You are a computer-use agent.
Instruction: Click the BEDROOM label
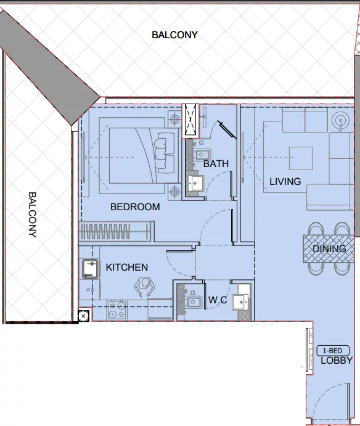coord(135,207)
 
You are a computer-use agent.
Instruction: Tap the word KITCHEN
coord(127,267)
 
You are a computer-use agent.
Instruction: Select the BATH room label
coord(216,164)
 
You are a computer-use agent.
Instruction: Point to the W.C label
coord(217,300)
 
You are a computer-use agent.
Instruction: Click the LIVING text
coord(285,181)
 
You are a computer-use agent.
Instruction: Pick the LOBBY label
coord(337,361)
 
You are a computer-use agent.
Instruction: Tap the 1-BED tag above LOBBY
coord(333,350)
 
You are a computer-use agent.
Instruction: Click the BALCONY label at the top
coord(175,35)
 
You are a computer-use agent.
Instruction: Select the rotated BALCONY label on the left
coord(32,214)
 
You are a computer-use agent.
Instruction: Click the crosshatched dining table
coord(329,248)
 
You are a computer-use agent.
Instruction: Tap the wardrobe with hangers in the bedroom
coord(115,233)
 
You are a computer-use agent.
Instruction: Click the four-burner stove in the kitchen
coord(117,310)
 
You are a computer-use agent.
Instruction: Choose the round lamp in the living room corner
coord(339,120)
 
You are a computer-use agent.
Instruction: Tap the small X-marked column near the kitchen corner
coord(84,316)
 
